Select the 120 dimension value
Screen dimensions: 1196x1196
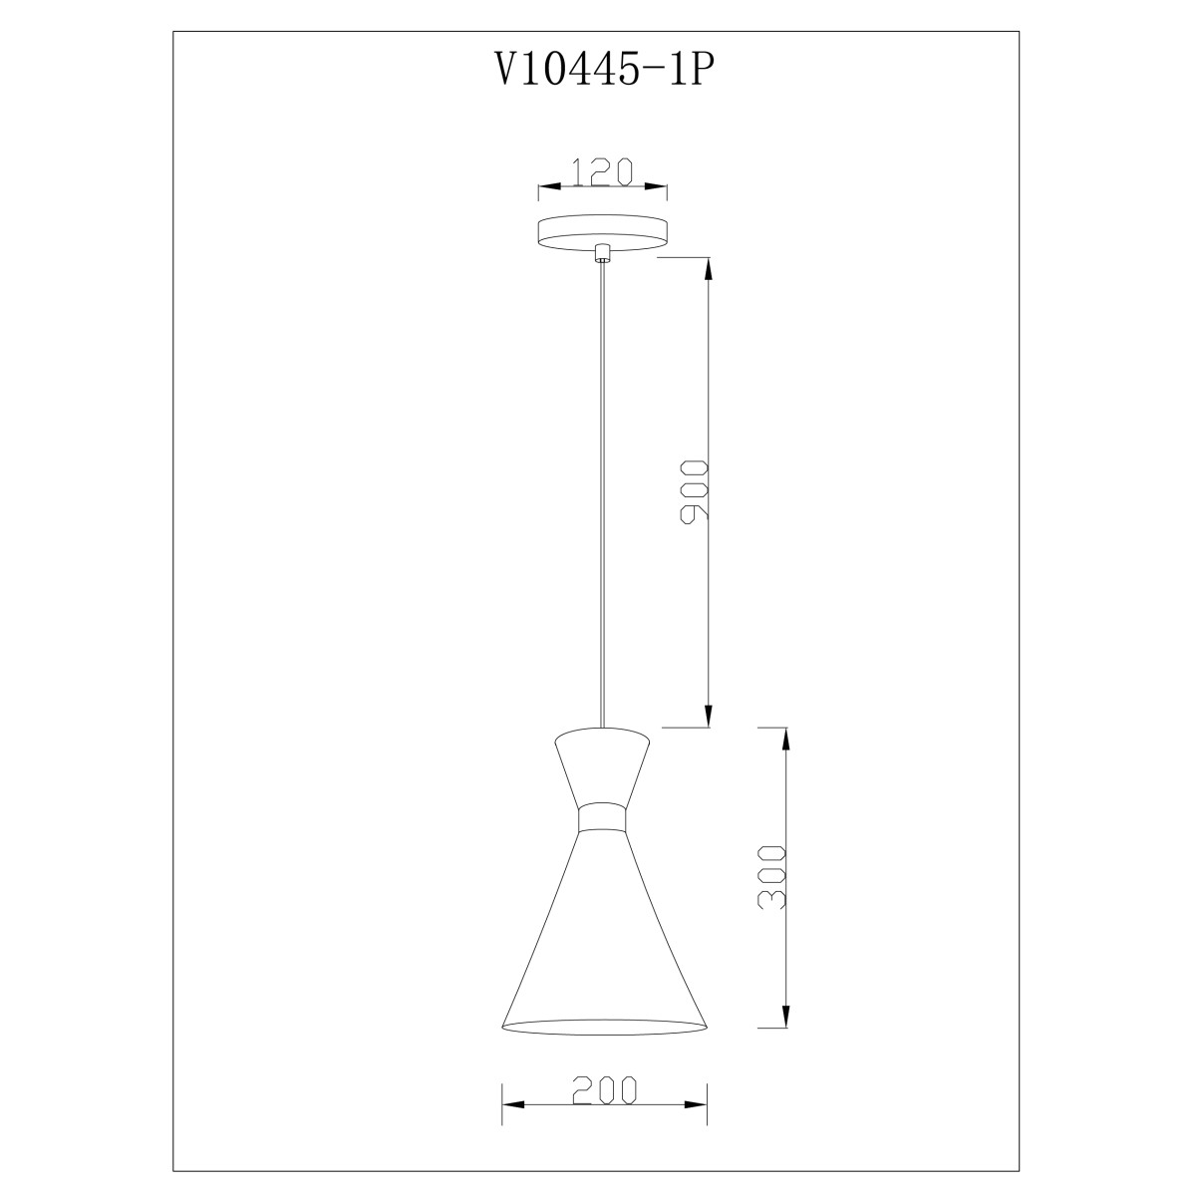[601, 171]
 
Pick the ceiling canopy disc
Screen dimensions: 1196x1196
[601, 233]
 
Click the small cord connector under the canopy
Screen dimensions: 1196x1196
[601, 253]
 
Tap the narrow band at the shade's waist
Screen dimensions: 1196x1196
[601, 818]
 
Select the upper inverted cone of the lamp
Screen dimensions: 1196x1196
[601, 767]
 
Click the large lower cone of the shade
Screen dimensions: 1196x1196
[603, 931]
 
